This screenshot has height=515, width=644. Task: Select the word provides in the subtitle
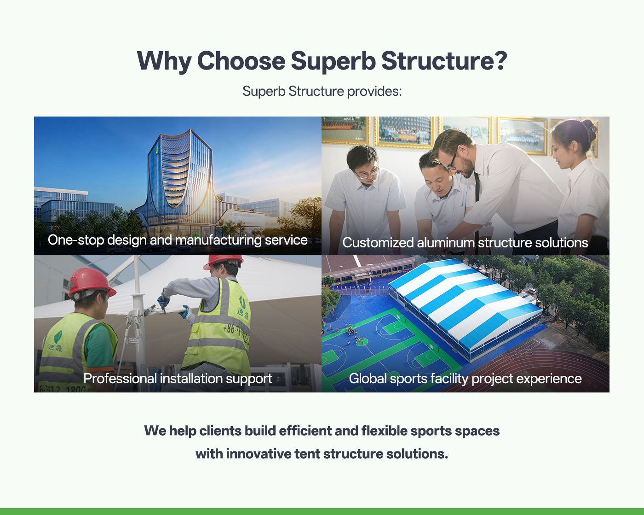coord(374,91)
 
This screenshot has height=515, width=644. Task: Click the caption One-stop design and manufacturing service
coord(178,240)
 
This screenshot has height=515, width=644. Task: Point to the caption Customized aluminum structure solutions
coord(465,242)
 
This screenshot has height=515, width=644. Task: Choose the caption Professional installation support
coord(178,379)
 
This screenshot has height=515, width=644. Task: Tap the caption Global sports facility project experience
coord(466,379)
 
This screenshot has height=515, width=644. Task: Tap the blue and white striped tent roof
coord(465,302)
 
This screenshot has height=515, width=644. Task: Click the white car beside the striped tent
coord(532,290)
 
